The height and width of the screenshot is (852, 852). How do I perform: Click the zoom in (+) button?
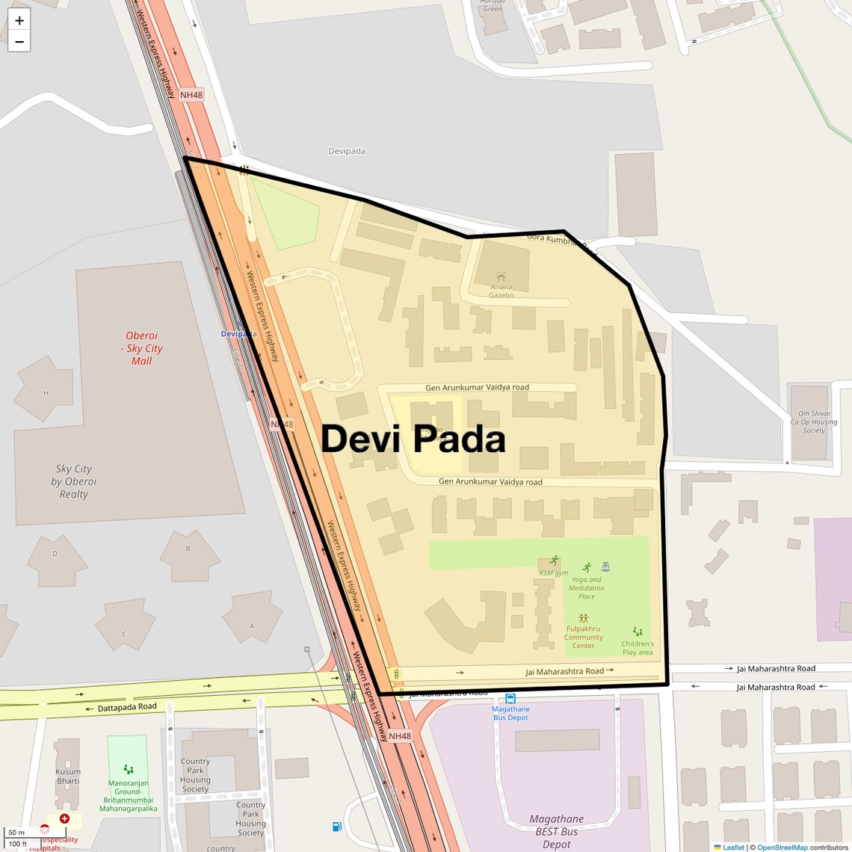(x=19, y=20)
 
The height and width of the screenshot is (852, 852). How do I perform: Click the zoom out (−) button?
(x=19, y=41)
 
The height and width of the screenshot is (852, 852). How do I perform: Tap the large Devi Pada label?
(x=413, y=439)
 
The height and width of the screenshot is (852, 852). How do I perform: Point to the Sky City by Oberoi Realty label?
(x=73, y=481)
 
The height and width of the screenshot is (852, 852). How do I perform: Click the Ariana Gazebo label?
(x=501, y=291)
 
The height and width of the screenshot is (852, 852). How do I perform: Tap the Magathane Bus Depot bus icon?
(x=510, y=699)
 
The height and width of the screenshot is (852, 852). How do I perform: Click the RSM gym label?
(x=554, y=572)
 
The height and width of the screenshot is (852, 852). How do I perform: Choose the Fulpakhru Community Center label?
(x=583, y=638)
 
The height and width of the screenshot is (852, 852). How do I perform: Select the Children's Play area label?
(x=638, y=648)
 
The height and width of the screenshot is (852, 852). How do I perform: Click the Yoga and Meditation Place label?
(x=587, y=587)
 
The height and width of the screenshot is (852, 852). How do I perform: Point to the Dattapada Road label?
(x=127, y=706)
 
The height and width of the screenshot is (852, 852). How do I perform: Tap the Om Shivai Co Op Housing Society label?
(x=814, y=422)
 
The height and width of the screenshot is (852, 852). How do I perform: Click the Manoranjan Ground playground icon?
(x=129, y=769)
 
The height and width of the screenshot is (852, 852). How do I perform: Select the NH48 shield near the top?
(x=191, y=95)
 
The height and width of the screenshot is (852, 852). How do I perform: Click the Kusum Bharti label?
(x=67, y=777)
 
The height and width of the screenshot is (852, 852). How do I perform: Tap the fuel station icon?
(x=337, y=826)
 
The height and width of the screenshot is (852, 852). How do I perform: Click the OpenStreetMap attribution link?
(x=782, y=848)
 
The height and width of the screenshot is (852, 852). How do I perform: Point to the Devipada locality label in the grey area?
(x=347, y=151)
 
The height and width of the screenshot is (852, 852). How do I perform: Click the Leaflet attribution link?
(x=733, y=848)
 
